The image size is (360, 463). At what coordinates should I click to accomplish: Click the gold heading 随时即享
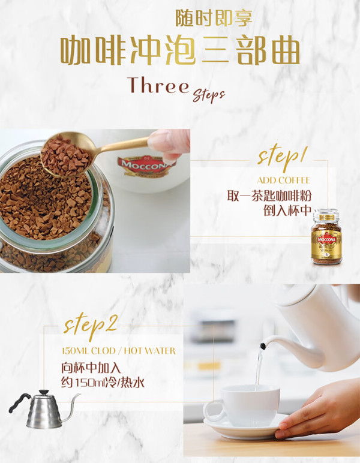(x=214, y=17)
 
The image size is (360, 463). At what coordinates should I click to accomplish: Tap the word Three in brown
(x=158, y=85)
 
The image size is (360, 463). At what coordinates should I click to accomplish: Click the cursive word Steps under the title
(x=209, y=95)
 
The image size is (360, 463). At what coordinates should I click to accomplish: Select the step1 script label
(x=282, y=157)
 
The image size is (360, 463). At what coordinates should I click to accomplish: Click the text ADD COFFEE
(x=284, y=180)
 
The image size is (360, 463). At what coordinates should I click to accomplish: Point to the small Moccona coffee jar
(x=326, y=236)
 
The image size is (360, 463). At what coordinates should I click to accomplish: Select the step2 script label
(x=91, y=325)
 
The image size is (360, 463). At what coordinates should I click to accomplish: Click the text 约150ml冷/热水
(x=103, y=383)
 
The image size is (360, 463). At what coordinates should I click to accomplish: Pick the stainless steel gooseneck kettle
(x=44, y=410)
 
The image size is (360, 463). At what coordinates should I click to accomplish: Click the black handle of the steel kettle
(x=19, y=402)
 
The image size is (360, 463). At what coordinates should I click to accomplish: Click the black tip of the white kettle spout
(x=263, y=346)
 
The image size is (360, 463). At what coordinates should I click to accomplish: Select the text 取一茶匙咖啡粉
(x=269, y=196)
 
